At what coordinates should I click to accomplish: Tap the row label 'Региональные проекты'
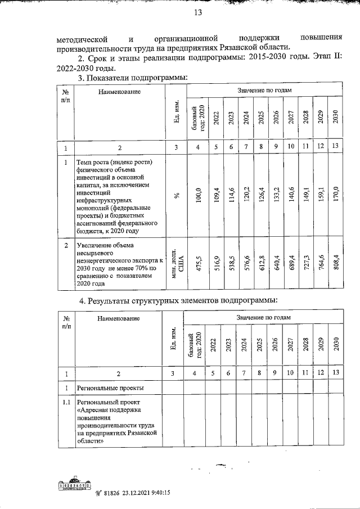coord(110,388)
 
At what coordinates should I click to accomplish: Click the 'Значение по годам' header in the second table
coord(264,317)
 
